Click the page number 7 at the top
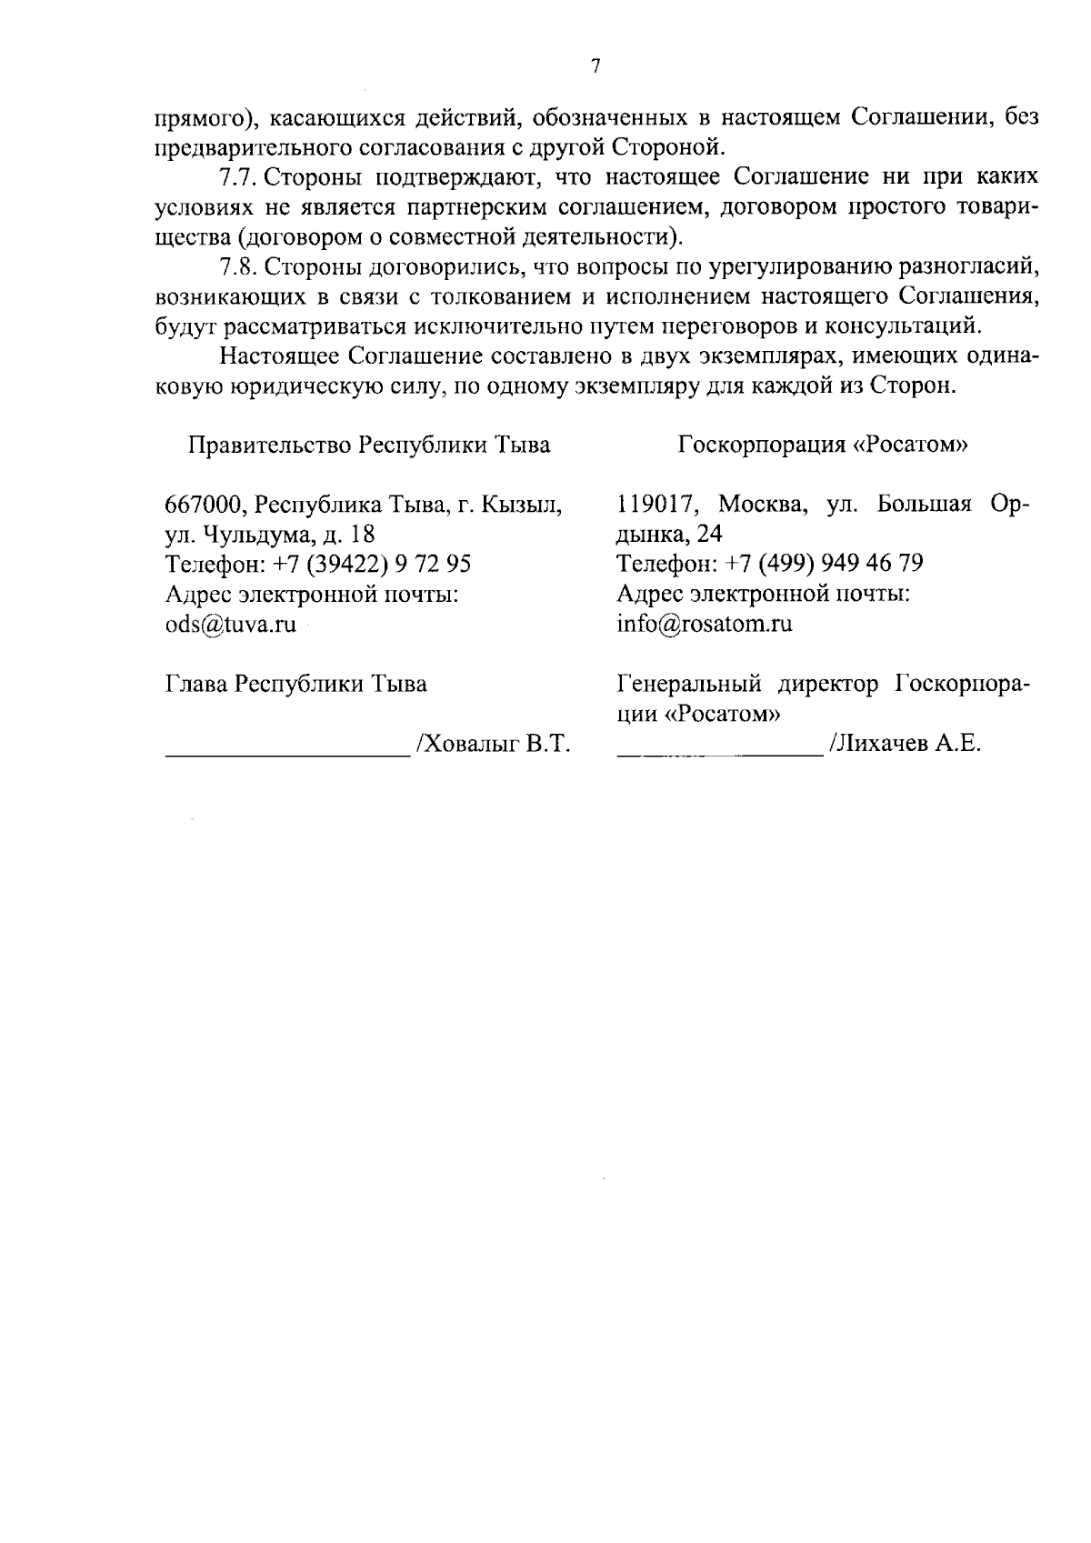(x=595, y=65)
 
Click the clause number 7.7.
(x=238, y=175)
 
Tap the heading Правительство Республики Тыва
(x=368, y=446)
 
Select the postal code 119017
(x=656, y=505)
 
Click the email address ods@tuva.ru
(x=231, y=626)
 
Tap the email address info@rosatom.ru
(x=705, y=625)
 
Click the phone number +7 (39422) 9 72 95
(x=372, y=565)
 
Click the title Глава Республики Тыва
(x=295, y=685)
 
